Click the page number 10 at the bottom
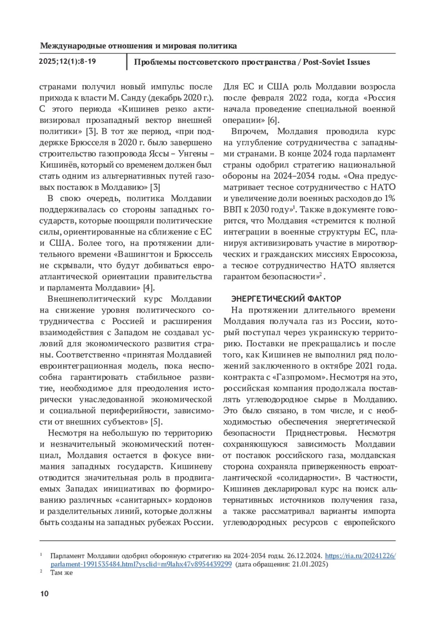44,594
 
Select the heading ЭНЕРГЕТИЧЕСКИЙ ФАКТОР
286,299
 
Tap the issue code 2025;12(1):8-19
67,61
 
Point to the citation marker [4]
149,288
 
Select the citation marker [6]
273,120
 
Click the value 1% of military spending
389,199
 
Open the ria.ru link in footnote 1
360,556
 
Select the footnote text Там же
62,573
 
